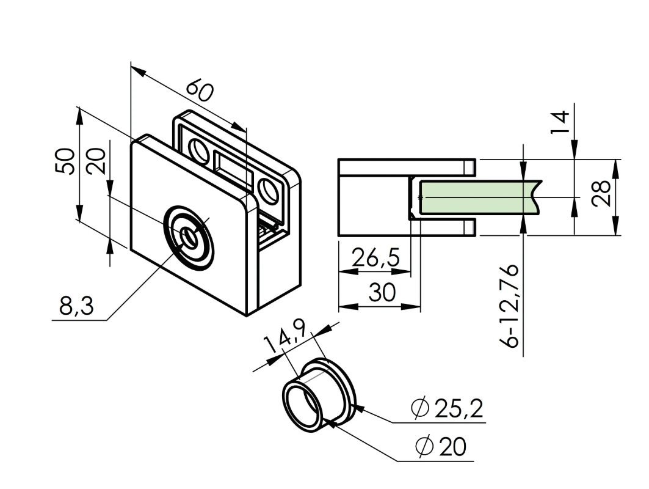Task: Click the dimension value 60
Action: (200, 90)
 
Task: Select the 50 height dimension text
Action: (67, 161)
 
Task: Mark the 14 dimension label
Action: (560, 122)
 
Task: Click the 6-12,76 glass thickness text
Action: (511, 306)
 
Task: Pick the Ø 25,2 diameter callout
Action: (448, 408)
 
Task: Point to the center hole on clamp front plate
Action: (188, 236)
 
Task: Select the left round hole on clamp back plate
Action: (199, 149)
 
